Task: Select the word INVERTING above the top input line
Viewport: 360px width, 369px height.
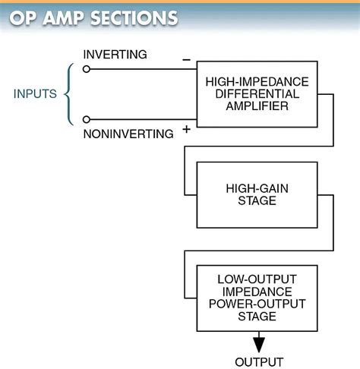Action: pyautogui.click(x=115, y=55)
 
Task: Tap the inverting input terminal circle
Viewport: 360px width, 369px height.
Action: pyautogui.click(x=87, y=68)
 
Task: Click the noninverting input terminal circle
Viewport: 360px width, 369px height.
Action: pyautogui.click(x=87, y=119)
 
